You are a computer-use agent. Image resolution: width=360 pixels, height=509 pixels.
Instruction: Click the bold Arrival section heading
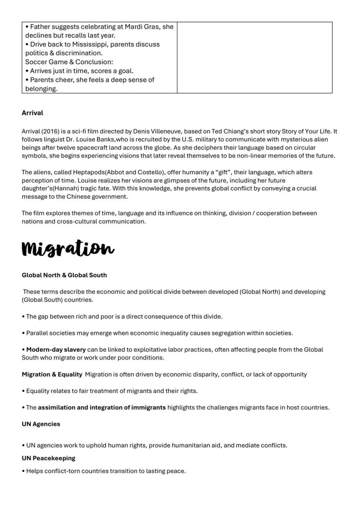tap(33, 113)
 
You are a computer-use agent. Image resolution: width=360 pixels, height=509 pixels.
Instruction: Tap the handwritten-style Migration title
tap(68, 249)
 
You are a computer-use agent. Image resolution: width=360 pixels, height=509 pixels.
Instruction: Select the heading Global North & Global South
tap(64, 275)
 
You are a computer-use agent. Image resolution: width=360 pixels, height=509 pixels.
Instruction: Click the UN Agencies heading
tap(41, 424)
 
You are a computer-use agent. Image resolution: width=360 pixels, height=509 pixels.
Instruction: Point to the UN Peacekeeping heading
tap(48, 458)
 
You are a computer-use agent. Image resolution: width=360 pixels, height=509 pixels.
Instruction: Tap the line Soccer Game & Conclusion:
tap(69, 62)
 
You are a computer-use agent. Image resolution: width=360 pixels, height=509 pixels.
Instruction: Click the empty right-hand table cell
tap(254, 57)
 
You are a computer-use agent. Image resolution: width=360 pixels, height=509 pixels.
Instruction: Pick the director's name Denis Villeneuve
tap(153, 131)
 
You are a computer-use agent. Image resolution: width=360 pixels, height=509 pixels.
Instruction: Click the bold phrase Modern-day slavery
tap(56, 350)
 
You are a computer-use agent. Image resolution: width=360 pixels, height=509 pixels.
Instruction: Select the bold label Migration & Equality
tap(52, 375)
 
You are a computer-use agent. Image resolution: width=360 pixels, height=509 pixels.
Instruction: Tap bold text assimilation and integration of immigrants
tap(102, 408)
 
